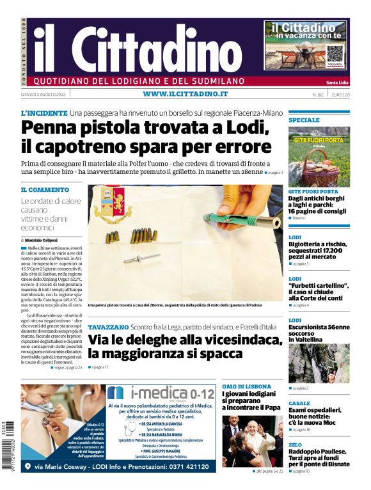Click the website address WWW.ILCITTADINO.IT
(x=185, y=94)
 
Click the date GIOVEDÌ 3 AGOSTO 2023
(x=44, y=95)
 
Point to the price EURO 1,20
(x=340, y=95)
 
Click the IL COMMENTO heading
(x=45, y=190)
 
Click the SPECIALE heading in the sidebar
(x=304, y=120)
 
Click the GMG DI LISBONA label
(x=246, y=386)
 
